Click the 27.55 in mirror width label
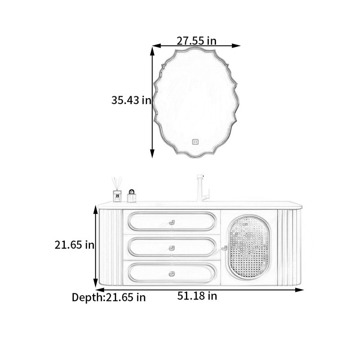point(197,41)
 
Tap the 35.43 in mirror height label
point(131,100)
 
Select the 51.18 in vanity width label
point(197,296)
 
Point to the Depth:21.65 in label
point(108,297)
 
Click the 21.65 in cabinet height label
point(74,245)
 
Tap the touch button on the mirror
point(195,142)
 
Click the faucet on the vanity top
point(202,188)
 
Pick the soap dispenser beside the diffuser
point(132,196)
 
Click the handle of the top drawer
point(172,222)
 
